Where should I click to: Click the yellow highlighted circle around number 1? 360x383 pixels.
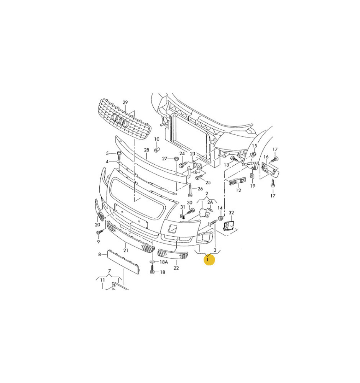(209, 260)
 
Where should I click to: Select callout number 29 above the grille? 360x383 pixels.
(125, 102)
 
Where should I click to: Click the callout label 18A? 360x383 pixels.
(164, 262)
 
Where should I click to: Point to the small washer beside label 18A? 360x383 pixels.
(152, 262)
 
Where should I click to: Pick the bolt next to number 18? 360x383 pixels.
(152, 270)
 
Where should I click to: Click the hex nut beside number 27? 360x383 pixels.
(176, 159)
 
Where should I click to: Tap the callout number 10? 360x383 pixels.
(156, 139)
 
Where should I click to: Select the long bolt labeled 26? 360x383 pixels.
(191, 190)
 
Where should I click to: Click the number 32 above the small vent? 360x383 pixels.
(231, 213)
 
